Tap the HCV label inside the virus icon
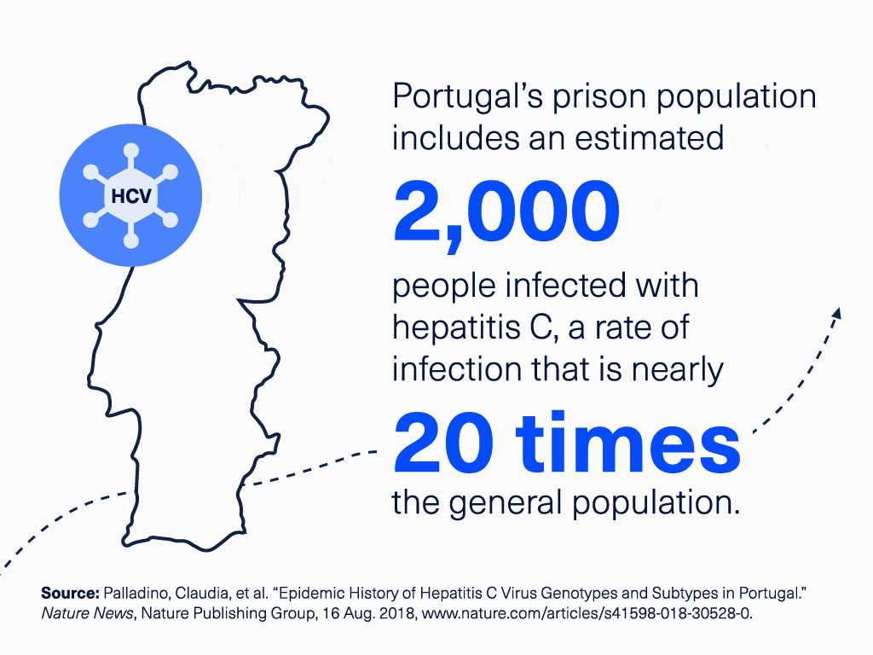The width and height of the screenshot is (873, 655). click(130, 197)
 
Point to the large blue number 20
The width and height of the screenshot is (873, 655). click(440, 447)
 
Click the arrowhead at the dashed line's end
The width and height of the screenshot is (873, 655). click(835, 313)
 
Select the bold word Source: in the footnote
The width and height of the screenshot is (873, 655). click(69, 593)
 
